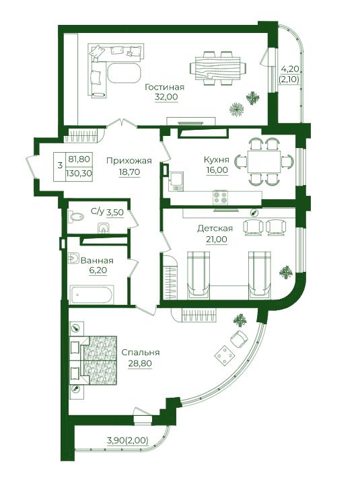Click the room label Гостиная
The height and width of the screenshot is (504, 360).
click(x=165, y=87)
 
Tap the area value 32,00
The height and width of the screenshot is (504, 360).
click(x=166, y=97)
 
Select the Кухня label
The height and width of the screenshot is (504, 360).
click(x=217, y=159)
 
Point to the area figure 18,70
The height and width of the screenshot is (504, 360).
click(x=129, y=172)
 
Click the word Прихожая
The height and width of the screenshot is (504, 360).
click(x=129, y=161)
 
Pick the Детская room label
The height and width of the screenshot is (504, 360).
click(x=215, y=229)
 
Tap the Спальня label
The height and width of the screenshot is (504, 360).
click(x=141, y=353)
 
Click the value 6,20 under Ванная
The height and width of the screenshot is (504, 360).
click(x=98, y=271)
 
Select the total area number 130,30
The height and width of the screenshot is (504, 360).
click(x=79, y=174)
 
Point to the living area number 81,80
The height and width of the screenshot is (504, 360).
click(x=79, y=158)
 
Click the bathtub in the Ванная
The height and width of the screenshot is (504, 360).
click(x=92, y=295)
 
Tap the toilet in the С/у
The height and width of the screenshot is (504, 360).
click(x=76, y=217)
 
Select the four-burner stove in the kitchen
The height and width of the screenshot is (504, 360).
click(x=220, y=197)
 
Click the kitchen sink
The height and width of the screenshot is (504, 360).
click(x=176, y=182)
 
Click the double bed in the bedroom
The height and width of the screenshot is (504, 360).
click(x=93, y=360)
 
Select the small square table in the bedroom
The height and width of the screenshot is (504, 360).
click(x=224, y=355)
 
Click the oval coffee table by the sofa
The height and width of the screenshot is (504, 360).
click(x=124, y=73)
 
